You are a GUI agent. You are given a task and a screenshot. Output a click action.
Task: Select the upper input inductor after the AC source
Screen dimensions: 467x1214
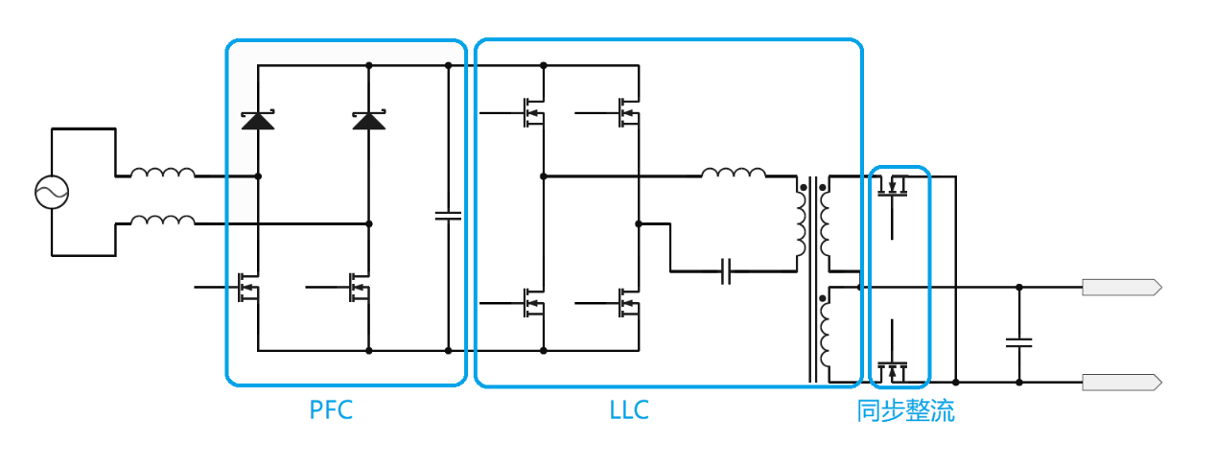[162, 174]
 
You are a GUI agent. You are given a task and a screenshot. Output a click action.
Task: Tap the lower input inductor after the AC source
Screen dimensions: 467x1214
[162, 222]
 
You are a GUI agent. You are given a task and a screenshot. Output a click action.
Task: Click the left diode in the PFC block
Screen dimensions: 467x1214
[258, 120]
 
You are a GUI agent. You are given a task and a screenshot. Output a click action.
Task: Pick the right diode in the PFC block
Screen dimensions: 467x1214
[369, 120]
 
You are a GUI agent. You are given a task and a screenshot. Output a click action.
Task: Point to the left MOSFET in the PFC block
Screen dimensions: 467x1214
[248, 287]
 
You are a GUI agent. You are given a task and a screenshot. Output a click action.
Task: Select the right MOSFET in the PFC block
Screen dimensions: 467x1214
[360, 287]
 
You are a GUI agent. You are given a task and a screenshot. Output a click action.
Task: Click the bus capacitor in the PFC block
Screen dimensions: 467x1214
[448, 215]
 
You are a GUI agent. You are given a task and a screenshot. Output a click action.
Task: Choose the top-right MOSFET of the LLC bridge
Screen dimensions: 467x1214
[628, 113]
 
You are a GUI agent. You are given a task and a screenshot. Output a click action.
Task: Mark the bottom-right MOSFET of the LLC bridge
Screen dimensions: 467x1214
[628, 303]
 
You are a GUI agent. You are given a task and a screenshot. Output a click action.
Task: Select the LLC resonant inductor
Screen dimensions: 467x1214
[734, 174]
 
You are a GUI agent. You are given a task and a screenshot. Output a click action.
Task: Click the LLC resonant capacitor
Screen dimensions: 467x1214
[727, 271]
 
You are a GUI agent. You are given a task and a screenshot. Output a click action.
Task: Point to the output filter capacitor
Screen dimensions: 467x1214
[1018, 340]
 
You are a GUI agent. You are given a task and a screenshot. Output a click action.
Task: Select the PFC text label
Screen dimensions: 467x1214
[331, 410]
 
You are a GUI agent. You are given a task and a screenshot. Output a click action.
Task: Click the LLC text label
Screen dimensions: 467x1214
[629, 410]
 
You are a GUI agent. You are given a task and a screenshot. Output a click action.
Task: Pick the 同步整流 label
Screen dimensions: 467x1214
[905, 411]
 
